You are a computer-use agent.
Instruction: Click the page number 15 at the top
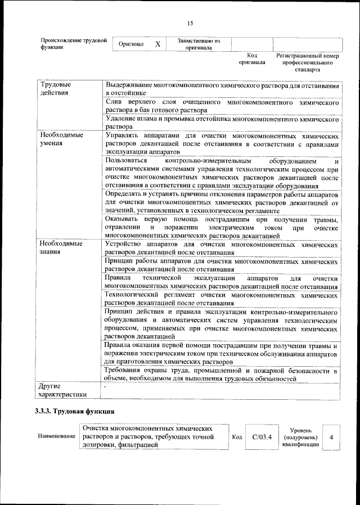(x=190, y=23)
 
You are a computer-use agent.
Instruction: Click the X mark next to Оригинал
(x=157, y=44)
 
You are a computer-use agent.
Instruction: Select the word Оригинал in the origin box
(x=131, y=44)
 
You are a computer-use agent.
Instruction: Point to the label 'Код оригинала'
(x=252, y=59)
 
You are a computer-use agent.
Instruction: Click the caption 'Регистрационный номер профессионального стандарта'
(x=308, y=63)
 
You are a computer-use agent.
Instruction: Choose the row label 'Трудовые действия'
(x=55, y=88)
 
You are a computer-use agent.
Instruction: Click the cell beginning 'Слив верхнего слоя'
(x=222, y=107)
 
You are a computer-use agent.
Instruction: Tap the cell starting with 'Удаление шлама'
(x=222, y=123)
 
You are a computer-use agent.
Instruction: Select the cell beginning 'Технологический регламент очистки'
(x=222, y=299)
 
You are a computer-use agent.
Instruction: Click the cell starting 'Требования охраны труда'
(x=222, y=375)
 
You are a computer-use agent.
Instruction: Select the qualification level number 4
(x=332, y=436)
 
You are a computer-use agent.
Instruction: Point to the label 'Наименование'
(x=56, y=436)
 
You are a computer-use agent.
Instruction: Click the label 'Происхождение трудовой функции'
(x=74, y=44)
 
